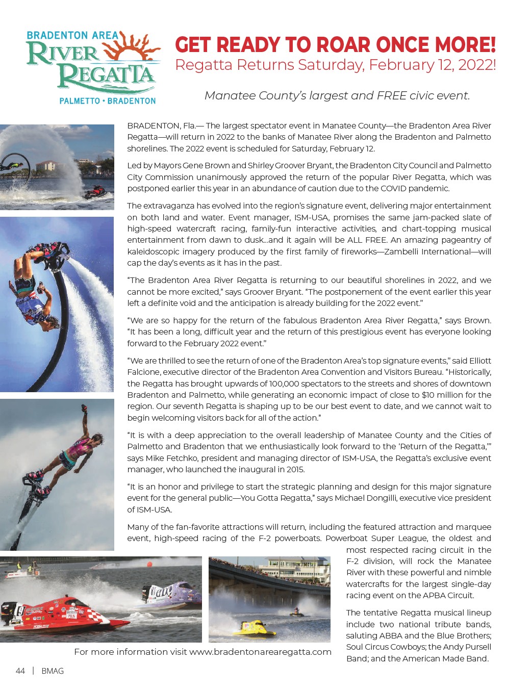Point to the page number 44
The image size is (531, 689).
(x=20, y=671)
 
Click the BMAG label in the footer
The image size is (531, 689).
(x=53, y=671)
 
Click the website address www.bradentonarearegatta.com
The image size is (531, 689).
(x=260, y=652)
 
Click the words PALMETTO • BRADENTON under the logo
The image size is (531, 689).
(x=108, y=101)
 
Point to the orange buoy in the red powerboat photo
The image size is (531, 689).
(x=149, y=564)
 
